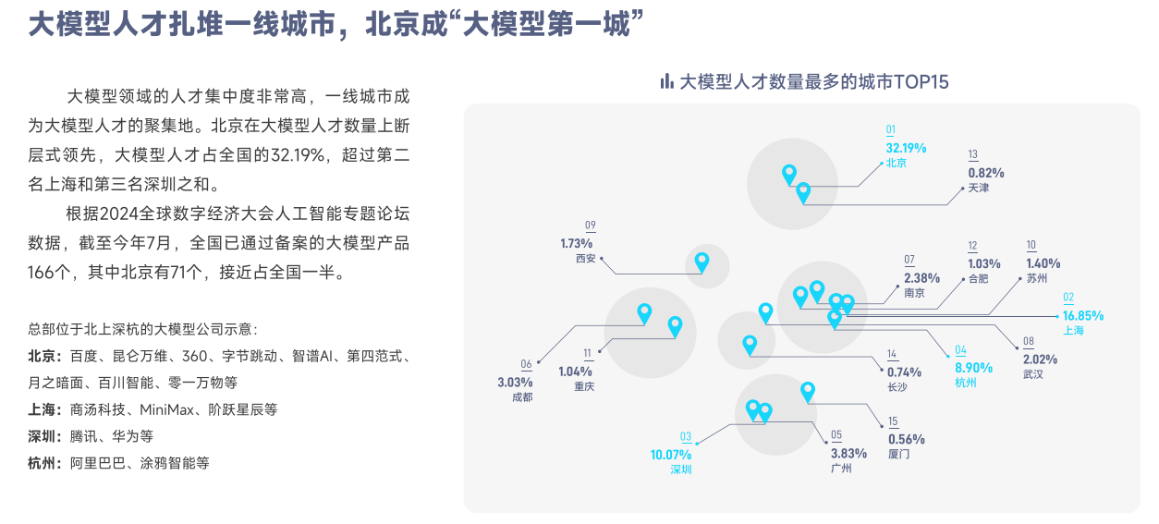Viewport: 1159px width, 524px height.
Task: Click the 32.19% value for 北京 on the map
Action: pyautogui.click(x=906, y=148)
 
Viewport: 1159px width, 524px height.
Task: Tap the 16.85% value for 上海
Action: pyautogui.click(x=1082, y=315)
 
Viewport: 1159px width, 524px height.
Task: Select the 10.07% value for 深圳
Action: pyautogui.click(x=671, y=455)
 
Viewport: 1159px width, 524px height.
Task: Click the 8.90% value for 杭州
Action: pyautogui.click(x=973, y=367)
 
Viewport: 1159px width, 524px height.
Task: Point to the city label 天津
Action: pyautogui.click(x=978, y=188)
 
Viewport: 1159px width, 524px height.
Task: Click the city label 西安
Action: pyautogui.click(x=586, y=259)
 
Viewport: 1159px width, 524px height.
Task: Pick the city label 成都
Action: pyautogui.click(x=522, y=397)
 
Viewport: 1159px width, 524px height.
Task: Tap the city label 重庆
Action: pyautogui.click(x=583, y=386)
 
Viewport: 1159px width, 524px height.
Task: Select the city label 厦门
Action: pyautogui.click(x=898, y=455)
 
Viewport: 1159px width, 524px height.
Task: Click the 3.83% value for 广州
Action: pyautogui.click(x=848, y=453)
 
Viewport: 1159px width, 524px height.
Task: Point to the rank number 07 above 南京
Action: pyautogui.click(x=909, y=260)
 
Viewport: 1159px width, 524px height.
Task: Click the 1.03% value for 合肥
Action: pyautogui.click(x=983, y=263)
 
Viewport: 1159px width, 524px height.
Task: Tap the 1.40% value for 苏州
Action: pyautogui.click(x=1043, y=263)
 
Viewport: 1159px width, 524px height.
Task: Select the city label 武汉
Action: pyautogui.click(x=1032, y=374)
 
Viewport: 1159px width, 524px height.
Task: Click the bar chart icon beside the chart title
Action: pyautogui.click(x=666, y=81)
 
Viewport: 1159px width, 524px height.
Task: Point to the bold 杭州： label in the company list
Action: pyautogui.click(x=46, y=463)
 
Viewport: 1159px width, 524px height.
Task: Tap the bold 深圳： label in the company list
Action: pyautogui.click(x=46, y=436)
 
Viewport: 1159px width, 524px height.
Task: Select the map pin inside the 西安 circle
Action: pyautogui.click(x=702, y=262)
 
